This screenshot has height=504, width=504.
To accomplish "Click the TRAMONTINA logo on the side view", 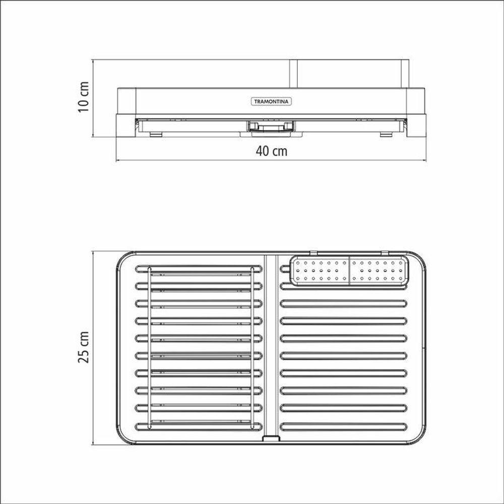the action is click(x=271, y=102).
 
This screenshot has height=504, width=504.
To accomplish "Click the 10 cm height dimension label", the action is click(x=84, y=97).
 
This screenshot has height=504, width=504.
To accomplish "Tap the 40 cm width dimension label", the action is click(x=272, y=151).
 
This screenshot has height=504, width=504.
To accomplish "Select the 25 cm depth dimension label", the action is click(x=84, y=347).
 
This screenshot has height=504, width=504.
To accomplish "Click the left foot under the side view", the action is click(x=156, y=134).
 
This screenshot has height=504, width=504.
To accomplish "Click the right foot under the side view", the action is click(x=386, y=134).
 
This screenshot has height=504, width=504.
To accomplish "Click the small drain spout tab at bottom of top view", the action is click(x=271, y=438).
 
